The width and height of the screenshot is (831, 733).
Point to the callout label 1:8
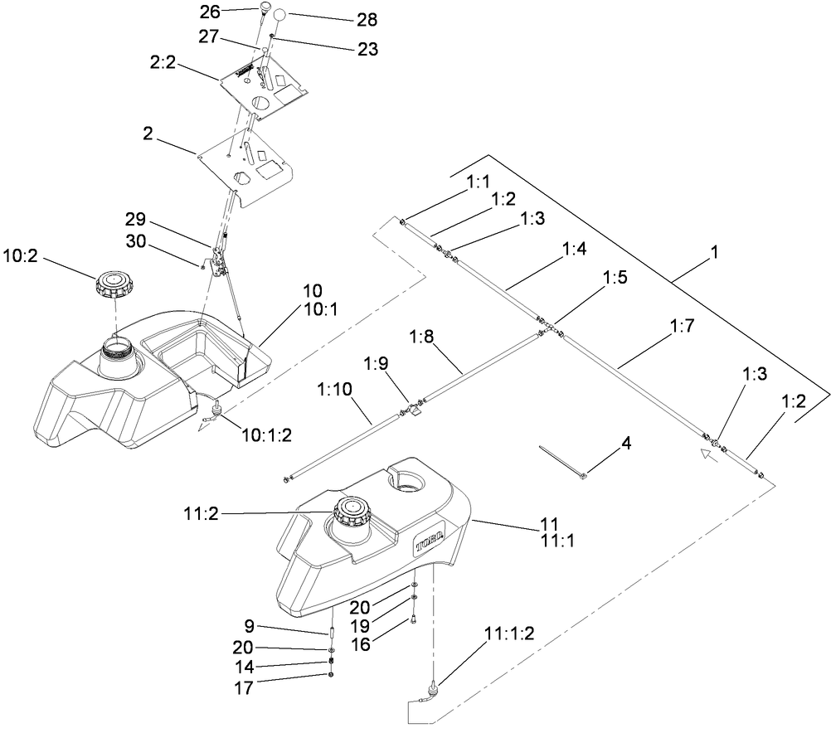[423, 337]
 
